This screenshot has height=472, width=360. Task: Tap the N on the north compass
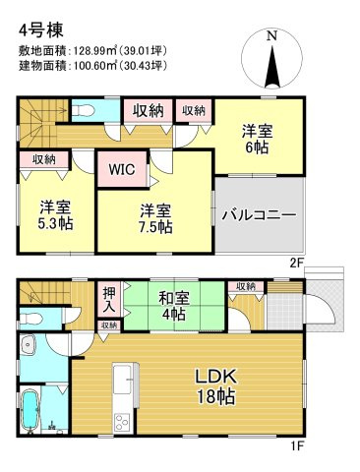tap(274, 36)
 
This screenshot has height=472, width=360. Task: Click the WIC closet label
tap(123, 168)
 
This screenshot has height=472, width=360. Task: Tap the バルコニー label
tap(258, 213)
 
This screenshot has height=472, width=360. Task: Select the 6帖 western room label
tap(257, 145)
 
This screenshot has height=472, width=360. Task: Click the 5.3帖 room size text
tap(55, 223)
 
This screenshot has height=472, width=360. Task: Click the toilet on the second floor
tap(83, 110)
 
